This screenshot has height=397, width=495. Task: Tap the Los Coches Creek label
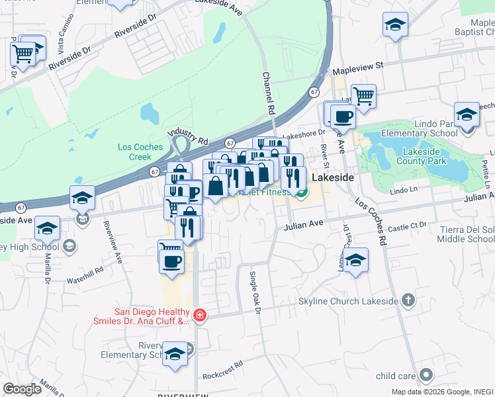coord(135,152)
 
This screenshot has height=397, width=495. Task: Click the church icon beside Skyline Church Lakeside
coord(408,300)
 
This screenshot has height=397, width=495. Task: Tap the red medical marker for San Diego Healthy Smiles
coord(199,316)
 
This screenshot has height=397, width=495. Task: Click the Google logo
coord(22,388)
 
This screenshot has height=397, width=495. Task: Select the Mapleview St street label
coord(358,66)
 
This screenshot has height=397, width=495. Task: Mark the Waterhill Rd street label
coord(85,270)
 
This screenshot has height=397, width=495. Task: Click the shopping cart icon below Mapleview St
coord(363,95)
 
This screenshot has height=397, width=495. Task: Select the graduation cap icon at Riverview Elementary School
coord(175,353)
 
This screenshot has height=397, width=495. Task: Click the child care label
coord(396,376)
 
